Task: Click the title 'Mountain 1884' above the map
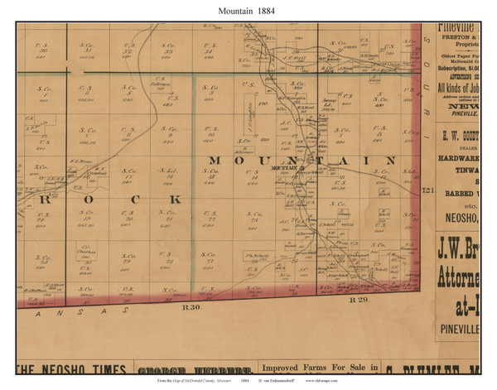[248, 9]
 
